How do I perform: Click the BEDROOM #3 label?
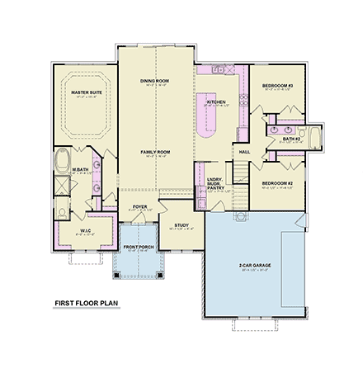coord(278,86)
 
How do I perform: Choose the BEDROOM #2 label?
coord(278,182)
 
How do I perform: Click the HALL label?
coord(244,152)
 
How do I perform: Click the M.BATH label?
coord(80,170)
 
